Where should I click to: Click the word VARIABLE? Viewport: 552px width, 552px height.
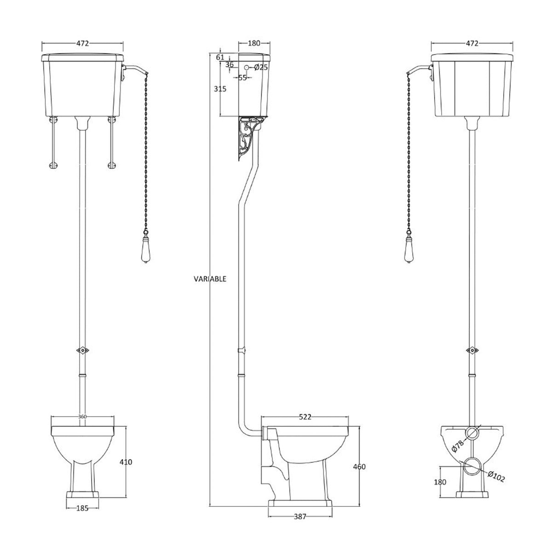tap(210, 279)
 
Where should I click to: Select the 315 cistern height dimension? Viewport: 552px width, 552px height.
tap(220, 89)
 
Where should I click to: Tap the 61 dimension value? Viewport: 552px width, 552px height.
tap(220, 57)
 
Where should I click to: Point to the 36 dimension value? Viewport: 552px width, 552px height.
tap(229, 65)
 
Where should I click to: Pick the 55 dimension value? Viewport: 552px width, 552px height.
tap(242, 77)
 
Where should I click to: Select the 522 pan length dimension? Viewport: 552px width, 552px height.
tap(305, 417)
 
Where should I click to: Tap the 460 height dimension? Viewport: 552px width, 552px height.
tap(359, 466)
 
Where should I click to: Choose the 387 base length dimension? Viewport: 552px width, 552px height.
tap(299, 517)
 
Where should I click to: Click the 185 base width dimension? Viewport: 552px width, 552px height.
tap(83, 509)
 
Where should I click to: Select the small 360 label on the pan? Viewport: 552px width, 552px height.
tap(82, 417)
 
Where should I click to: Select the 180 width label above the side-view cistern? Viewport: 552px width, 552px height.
tap(254, 43)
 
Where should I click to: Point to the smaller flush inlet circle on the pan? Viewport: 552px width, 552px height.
tap(472, 433)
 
